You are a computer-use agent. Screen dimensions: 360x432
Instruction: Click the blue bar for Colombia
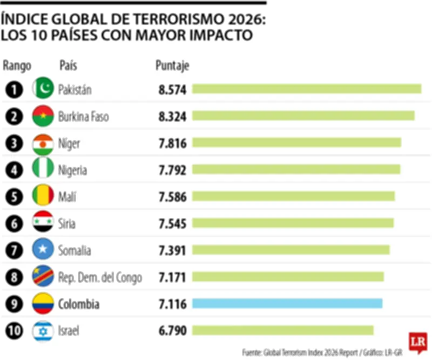(287, 303)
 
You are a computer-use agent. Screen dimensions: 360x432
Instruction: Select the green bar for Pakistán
(307, 89)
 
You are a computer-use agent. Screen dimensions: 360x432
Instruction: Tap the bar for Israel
(283, 330)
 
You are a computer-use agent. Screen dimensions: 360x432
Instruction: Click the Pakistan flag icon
(43, 89)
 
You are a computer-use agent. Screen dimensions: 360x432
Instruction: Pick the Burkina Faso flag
(43, 116)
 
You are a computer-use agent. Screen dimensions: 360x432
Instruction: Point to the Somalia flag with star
(43, 250)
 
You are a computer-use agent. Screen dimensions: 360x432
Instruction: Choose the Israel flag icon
(43, 330)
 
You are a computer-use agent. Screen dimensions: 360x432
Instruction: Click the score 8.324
(172, 116)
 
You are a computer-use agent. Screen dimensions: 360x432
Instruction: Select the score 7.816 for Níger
(172, 143)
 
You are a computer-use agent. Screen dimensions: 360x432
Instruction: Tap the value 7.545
(172, 223)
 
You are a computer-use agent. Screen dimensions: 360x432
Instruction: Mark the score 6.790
(172, 330)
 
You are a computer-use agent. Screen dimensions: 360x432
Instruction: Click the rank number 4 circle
(15, 170)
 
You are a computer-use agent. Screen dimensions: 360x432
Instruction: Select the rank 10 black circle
(15, 330)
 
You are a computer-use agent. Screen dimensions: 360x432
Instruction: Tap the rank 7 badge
(15, 250)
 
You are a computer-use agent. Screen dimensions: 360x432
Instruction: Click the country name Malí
(67, 197)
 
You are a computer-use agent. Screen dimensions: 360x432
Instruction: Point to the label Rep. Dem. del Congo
(100, 277)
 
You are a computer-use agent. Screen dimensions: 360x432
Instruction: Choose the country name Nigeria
(72, 170)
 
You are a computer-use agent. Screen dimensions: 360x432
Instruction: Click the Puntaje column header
(172, 66)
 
